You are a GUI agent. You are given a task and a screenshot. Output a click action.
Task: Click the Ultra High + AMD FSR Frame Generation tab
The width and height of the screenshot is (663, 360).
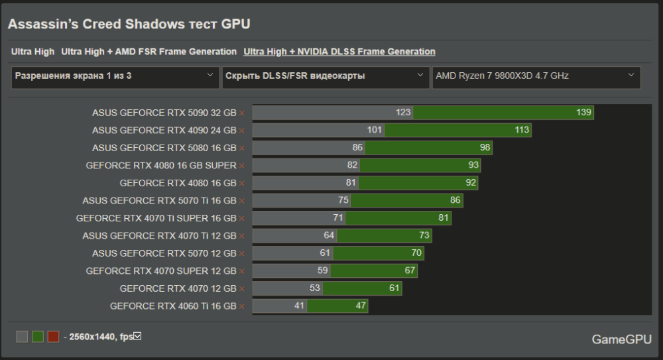click(149, 52)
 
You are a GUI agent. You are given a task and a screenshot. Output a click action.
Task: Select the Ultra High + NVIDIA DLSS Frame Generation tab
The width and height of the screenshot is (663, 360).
click(339, 52)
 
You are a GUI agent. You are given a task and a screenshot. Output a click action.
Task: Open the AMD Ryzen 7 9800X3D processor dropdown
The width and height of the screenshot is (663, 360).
click(536, 76)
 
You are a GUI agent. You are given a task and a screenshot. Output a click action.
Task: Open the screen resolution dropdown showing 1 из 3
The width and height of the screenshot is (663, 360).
click(115, 76)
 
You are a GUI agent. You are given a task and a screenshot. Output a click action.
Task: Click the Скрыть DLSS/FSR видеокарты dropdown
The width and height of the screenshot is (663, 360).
click(325, 76)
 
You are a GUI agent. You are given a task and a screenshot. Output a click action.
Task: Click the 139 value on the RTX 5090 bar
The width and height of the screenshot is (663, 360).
click(583, 113)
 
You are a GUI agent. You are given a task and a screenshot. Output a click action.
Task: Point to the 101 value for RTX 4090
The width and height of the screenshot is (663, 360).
click(375, 130)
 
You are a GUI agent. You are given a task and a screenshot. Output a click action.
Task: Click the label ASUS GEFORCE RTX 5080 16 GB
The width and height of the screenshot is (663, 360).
click(164, 148)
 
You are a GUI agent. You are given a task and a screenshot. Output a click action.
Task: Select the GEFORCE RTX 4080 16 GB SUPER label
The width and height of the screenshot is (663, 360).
click(160, 165)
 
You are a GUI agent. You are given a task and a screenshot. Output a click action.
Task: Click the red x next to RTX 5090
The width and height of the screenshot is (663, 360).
click(242, 113)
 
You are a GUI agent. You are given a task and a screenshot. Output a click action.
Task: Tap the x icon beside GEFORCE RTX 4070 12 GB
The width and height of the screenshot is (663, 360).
click(242, 288)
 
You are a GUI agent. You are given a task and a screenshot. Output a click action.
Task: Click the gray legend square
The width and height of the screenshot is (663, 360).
click(22, 337)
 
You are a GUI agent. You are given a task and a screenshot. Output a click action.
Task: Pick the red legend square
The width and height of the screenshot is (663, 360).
click(54, 337)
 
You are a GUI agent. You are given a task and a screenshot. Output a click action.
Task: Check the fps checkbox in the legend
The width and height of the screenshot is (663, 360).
click(138, 337)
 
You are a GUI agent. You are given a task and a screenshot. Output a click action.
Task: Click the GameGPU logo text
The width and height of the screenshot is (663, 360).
click(621, 339)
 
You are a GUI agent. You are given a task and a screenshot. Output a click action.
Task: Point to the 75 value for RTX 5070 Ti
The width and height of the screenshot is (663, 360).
click(343, 200)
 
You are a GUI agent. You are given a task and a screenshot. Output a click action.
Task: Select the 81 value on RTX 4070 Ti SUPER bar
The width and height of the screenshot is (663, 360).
click(444, 217)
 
